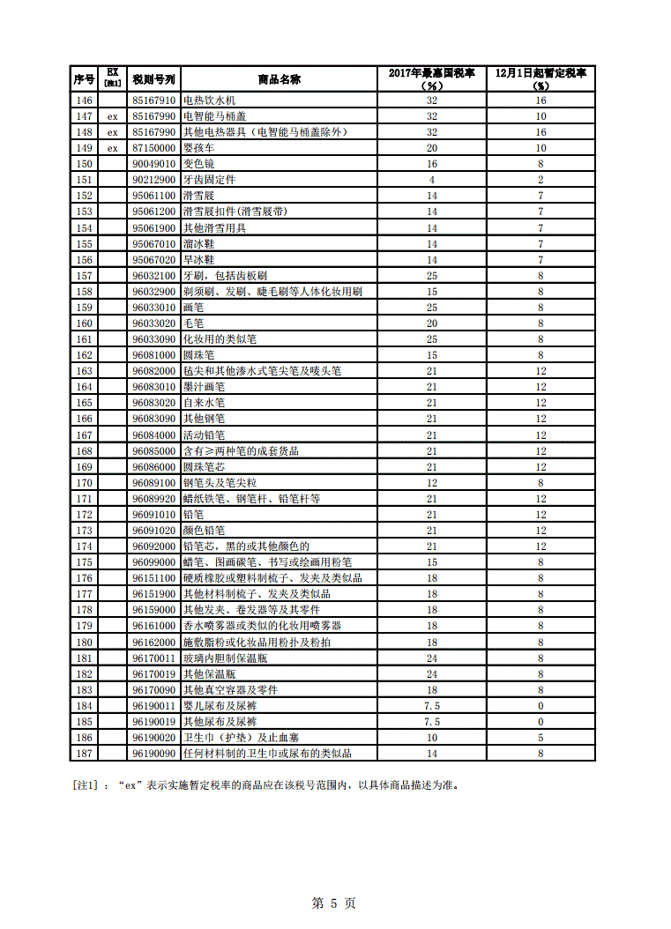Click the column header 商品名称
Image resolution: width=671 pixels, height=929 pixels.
[x=280, y=78]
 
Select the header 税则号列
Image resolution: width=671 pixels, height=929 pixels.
[x=154, y=78]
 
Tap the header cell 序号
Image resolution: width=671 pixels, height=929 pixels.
[x=84, y=78]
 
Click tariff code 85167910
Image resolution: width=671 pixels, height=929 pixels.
[x=154, y=100]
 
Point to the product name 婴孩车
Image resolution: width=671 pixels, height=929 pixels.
[x=198, y=148]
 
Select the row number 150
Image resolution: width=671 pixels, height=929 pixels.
[x=84, y=164]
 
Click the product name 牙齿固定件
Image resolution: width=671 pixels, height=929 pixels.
[x=209, y=180]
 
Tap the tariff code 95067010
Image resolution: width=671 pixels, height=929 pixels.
[x=154, y=243]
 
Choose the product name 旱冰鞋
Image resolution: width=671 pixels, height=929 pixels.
[x=198, y=260]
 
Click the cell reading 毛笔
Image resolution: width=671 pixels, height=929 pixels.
[x=193, y=323]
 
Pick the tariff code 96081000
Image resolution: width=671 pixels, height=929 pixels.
[x=154, y=355]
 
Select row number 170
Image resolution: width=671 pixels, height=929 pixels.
[x=84, y=483]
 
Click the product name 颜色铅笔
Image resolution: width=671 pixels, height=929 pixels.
[x=204, y=531]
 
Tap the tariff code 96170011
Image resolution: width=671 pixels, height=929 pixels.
[x=154, y=658]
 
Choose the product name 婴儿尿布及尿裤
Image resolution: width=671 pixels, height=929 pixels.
[x=220, y=706]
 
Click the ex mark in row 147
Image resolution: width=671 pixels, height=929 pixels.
[x=112, y=116]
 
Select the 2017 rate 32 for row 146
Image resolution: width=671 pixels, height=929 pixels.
[x=432, y=100]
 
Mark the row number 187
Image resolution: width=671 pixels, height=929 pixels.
[x=84, y=754]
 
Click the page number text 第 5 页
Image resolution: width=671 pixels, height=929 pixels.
[x=335, y=903]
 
